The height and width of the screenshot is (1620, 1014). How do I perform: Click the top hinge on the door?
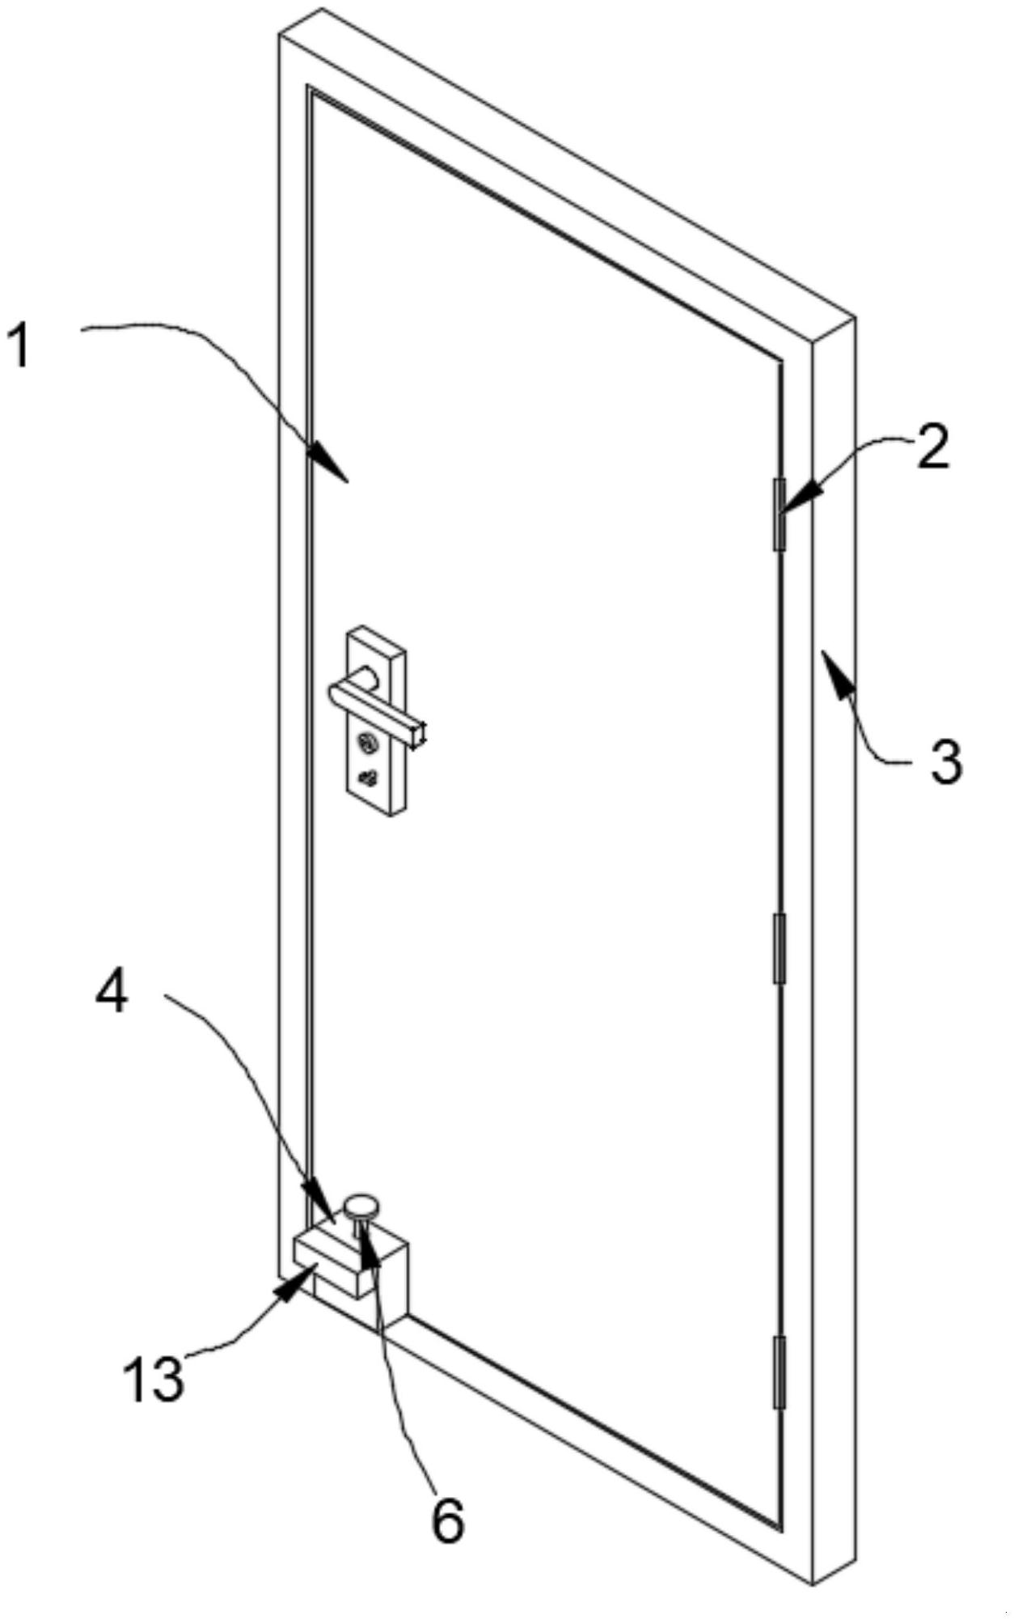(780, 514)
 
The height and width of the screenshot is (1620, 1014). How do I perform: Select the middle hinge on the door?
(780, 948)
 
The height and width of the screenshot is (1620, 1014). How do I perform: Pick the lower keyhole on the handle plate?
(368, 778)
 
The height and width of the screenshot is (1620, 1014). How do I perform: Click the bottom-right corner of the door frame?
(812, 1582)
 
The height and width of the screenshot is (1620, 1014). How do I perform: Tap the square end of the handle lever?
(419, 733)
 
